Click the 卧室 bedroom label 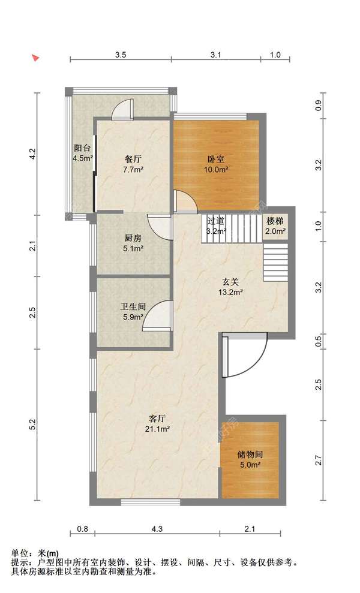tap(216, 159)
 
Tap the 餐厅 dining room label tap(133, 159)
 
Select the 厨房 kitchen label tap(133, 238)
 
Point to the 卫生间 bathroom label tap(133, 307)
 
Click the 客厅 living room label tap(157, 419)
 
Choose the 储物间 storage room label tap(250, 454)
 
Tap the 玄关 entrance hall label tap(230, 282)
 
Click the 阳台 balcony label tap(83, 148)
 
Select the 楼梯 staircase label tap(275, 221)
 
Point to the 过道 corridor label tap(216, 221)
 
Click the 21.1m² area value tap(157, 429)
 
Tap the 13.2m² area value tap(230, 292)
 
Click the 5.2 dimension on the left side tap(33, 425)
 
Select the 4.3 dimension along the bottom tap(157, 529)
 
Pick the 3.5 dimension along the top tap(121, 55)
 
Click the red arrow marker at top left tap(35, 58)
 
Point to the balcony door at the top tap(123, 109)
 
